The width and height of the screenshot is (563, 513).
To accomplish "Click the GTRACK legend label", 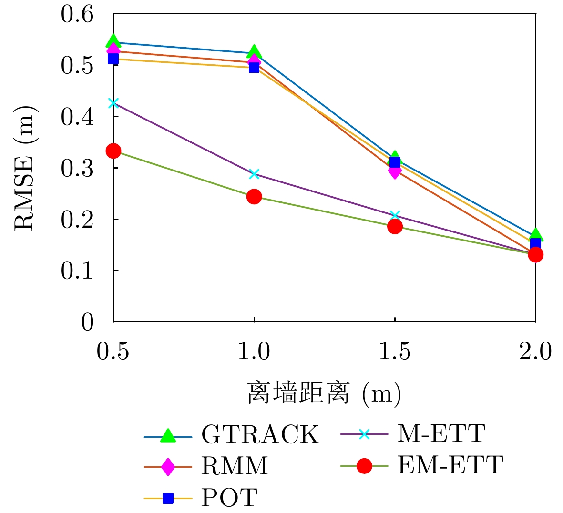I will [260, 434].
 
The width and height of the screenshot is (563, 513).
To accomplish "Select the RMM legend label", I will [234, 465].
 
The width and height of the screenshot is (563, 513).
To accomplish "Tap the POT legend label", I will [229, 497].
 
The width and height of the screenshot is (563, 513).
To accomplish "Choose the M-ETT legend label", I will [441, 433].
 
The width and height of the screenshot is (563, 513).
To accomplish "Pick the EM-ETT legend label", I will [450, 465].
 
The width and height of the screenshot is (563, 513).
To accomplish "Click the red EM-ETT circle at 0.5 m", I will [113, 151].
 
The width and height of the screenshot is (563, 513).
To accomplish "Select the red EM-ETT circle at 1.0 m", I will [254, 196].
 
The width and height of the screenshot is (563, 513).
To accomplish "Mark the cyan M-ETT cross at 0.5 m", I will [113, 103].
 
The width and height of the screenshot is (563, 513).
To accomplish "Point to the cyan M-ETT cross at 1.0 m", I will [254, 174].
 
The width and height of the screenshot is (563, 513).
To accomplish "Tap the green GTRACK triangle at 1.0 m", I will [254, 52].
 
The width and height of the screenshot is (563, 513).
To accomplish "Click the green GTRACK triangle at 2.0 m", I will [535, 235].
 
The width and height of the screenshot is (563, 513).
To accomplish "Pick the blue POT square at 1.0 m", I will [254, 67].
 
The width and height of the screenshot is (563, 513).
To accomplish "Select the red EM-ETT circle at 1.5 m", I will [395, 226].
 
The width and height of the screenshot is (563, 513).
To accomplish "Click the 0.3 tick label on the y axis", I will [77, 168].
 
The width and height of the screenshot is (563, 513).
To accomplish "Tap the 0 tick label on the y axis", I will [87, 322].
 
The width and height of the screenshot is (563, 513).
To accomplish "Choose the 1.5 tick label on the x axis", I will [395, 352].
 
